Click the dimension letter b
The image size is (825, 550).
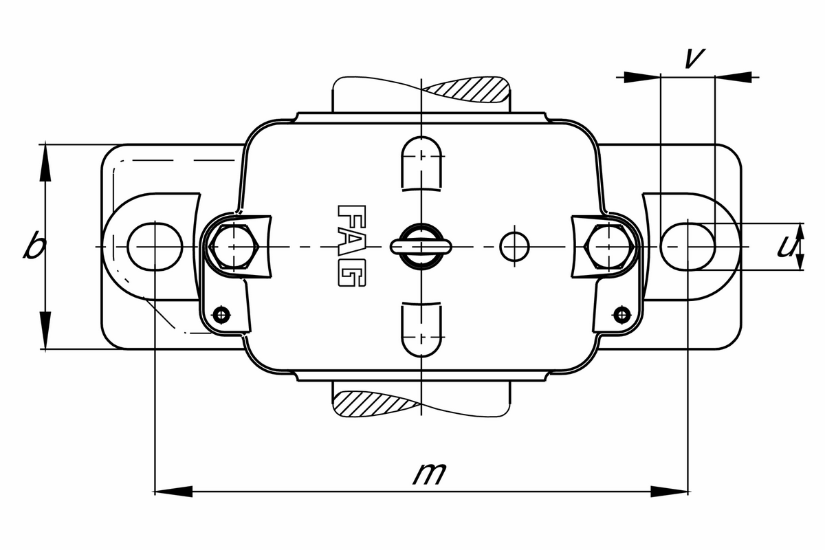coord(32,245)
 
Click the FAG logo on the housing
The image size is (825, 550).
coord(352,245)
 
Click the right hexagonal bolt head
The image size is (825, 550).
coord(608,246)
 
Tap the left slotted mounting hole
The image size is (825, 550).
coord(155,246)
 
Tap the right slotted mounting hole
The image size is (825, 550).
coord(688,246)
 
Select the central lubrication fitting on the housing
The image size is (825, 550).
coord(419,245)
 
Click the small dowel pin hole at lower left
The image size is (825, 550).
coord(220,314)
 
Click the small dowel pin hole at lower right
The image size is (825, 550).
coord(622,314)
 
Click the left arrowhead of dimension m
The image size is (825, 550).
coord(172,491)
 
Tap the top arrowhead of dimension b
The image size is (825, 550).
coord(45,162)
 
